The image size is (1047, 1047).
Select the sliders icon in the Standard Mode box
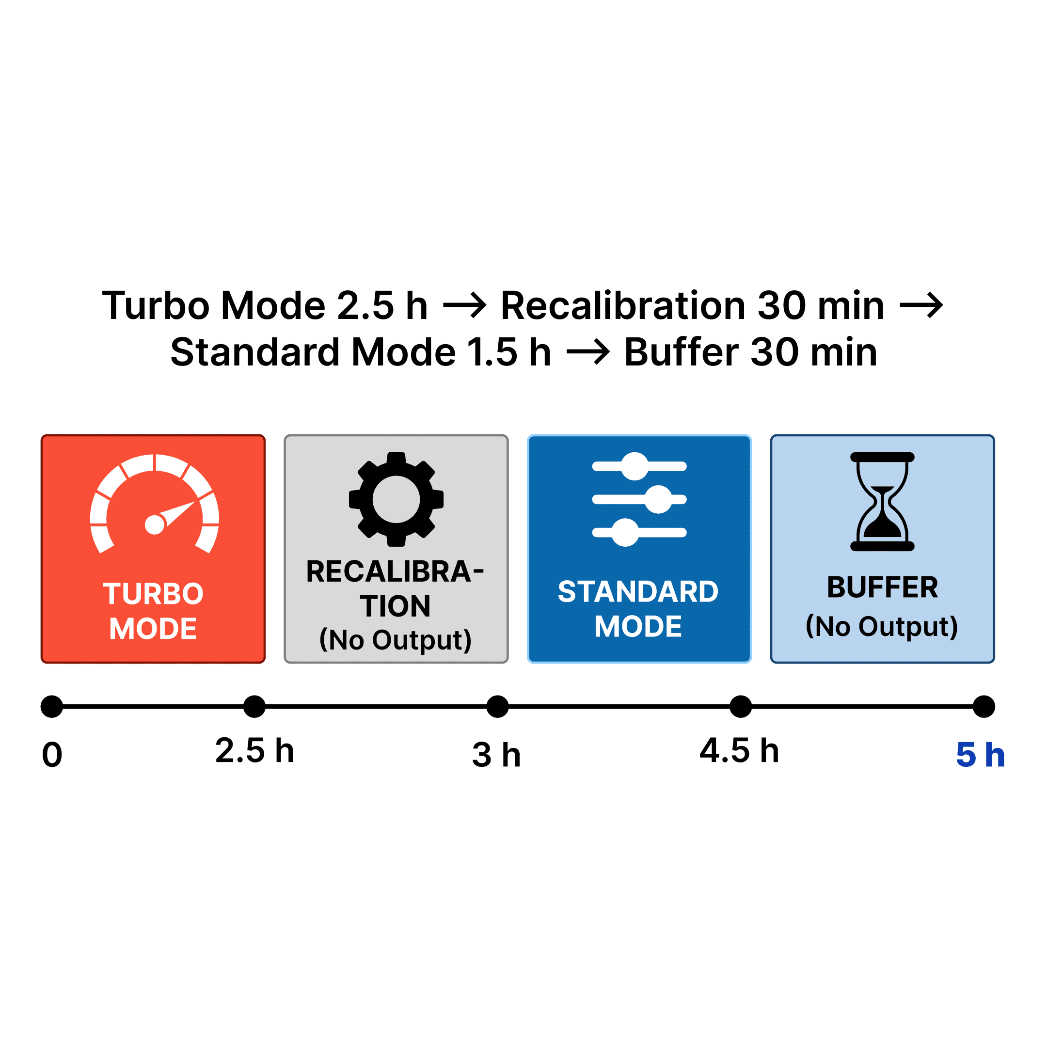[639, 499]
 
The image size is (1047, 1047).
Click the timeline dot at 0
[52, 707]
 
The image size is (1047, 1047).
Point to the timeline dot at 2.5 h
[254, 707]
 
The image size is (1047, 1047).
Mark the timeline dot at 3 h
[497, 707]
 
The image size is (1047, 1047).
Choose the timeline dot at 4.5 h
[741, 707]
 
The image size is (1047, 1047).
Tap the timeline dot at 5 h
[984, 707]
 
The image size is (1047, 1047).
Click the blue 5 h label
[980, 755]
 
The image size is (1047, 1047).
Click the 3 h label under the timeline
[496, 755]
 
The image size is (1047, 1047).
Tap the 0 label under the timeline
[52, 755]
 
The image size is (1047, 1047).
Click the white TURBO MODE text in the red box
[153, 611]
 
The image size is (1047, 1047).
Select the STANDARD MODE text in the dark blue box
[638, 609]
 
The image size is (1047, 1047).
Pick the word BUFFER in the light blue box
[882, 587]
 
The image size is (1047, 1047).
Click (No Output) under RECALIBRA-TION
[396, 640]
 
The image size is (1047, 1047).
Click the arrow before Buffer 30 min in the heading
[588, 352]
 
